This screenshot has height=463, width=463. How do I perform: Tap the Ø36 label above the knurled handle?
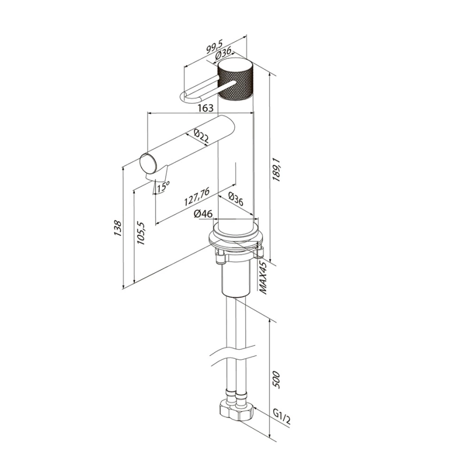[223, 55]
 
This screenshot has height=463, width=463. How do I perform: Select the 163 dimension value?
[205, 108]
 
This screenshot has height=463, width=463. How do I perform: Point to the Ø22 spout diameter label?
[201, 137]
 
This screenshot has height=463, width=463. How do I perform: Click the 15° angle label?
[163, 187]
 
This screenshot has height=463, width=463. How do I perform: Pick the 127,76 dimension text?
[197, 197]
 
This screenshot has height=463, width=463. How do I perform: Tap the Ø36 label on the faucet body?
[236, 199]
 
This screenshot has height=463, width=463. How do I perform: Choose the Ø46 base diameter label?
[203, 213]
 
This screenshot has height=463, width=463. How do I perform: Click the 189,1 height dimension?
[277, 169]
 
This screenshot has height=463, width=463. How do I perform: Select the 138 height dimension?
[118, 228]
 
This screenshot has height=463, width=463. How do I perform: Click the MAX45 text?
[263, 277]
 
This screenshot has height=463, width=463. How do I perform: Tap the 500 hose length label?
[276, 380]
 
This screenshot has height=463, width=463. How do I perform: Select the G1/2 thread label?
[281, 416]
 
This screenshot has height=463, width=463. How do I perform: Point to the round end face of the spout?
[149, 165]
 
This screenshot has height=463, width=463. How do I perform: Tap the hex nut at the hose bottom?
[237, 410]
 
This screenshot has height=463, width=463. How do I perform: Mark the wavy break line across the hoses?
[233, 352]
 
